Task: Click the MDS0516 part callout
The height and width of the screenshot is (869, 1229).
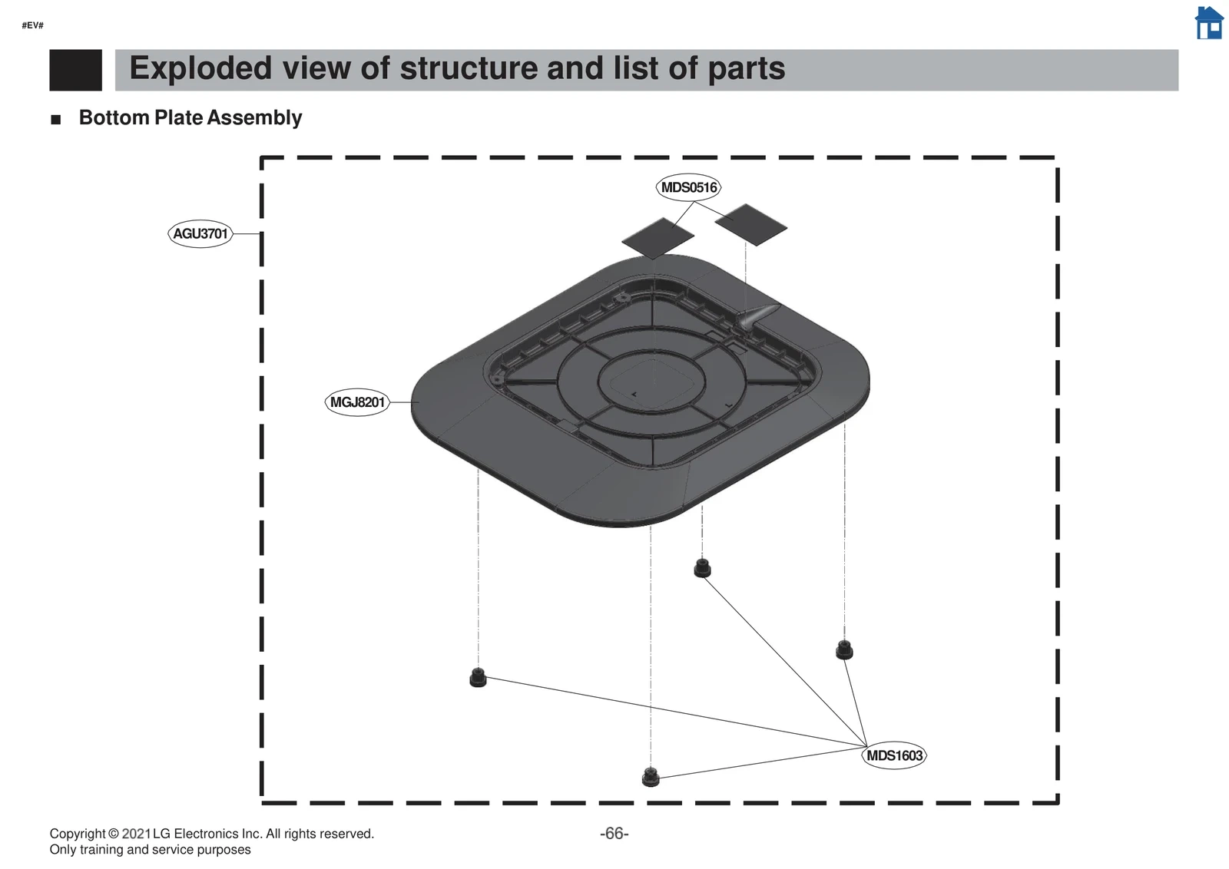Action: tap(689, 187)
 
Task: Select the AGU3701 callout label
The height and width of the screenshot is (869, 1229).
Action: tap(200, 233)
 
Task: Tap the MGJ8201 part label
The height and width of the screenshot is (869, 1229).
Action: tap(357, 402)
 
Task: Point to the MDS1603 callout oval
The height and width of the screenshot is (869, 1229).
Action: tap(894, 755)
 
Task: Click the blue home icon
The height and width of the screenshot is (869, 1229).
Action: tap(1209, 23)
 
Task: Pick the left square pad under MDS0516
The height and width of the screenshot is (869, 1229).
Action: tap(658, 238)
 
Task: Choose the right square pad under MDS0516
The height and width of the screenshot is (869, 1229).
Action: tap(750, 224)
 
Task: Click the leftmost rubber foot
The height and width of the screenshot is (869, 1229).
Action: tap(478, 678)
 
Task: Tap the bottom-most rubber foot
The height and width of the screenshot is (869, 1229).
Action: tap(651, 777)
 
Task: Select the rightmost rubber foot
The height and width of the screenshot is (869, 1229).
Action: tap(844, 649)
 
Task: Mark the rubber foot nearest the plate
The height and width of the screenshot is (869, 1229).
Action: tap(702, 569)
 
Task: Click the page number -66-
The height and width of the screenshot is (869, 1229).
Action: tap(614, 834)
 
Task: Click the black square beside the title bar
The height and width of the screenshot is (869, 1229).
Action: tap(75, 70)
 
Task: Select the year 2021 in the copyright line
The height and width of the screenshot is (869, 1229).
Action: tap(136, 834)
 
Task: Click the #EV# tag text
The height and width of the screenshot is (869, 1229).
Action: tap(32, 25)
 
